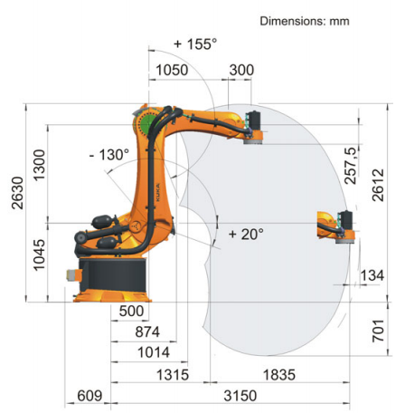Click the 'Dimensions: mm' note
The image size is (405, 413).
click(305, 21)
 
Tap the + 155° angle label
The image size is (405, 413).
click(195, 44)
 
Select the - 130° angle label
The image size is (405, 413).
click(109, 155)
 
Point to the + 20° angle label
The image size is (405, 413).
click(246, 234)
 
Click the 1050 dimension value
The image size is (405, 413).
click(172, 70)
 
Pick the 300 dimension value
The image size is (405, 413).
click(241, 70)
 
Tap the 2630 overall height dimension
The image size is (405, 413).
click(17, 193)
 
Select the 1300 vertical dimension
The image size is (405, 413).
click(39, 165)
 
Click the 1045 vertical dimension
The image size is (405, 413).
click(39, 255)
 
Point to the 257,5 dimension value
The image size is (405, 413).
click(351, 166)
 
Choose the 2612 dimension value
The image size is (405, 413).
click(378, 185)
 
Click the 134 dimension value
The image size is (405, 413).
click(372, 275)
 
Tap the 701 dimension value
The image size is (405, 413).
click(378, 331)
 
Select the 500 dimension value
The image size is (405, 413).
click(131, 312)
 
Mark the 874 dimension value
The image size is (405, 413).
click(147, 332)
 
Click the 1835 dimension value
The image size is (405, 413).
click(279, 375)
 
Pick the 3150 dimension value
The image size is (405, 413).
click(240, 396)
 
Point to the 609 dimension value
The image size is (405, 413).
click(89, 396)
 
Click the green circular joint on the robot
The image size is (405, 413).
click(148, 122)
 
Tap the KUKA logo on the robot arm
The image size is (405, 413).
click(157, 192)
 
